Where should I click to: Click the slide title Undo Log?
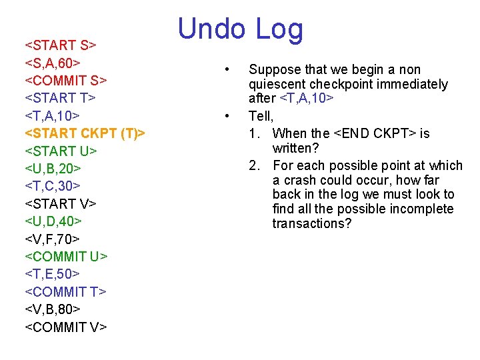tap(240, 30)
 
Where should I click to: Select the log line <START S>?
tap(61, 45)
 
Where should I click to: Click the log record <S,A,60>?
tap(53, 63)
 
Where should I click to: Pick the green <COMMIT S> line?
tap(66, 81)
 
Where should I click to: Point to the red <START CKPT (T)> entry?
tap(85, 133)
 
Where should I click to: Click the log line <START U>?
tap(61, 151)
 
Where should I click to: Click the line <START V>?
tap(61, 203)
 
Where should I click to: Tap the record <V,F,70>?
tap(53, 239)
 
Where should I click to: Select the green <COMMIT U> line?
tap(66, 257)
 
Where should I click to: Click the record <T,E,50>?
tap(53, 274)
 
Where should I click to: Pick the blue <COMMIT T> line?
tap(65, 291)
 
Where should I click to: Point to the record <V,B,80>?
tap(53, 309)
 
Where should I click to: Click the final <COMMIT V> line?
tap(65, 327)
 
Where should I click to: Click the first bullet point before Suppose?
tap(228, 70)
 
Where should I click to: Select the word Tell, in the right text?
tap(261, 116)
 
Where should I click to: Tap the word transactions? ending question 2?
tap(311, 224)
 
